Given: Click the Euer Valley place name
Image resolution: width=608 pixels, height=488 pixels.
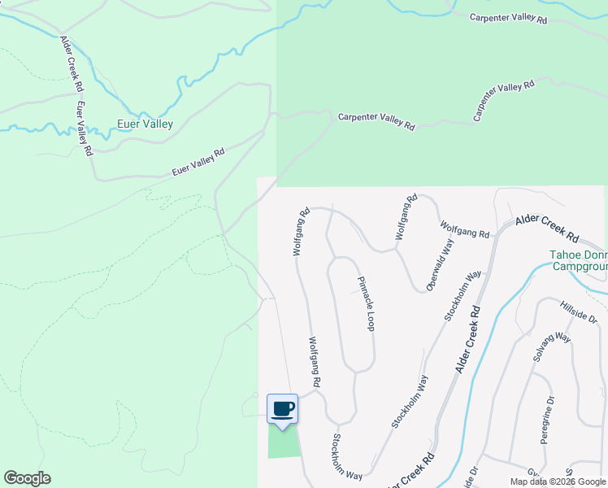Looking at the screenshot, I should pyautogui.click(x=145, y=124).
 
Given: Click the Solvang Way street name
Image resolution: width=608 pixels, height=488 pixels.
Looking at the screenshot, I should pyautogui.click(x=552, y=349).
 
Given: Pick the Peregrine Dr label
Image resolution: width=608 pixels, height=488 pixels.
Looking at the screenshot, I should pyautogui.click(x=546, y=419).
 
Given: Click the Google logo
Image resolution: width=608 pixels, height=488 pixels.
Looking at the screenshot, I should pyautogui.click(x=27, y=478).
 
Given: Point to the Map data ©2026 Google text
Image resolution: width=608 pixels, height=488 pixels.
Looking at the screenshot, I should pyautogui.click(x=558, y=481).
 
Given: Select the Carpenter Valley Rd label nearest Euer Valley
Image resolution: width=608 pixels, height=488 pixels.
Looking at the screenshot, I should pyautogui.click(x=376, y=121).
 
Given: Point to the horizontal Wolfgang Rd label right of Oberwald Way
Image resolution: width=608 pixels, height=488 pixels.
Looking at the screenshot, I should pyautogui.click(x=465, y=229).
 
